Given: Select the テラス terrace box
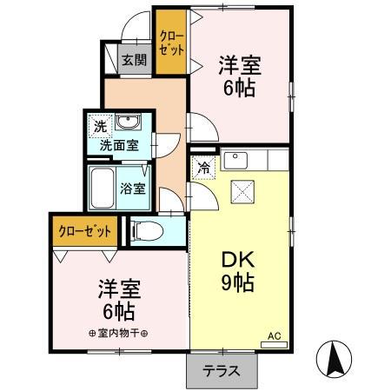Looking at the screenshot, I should pyautogui.click(x=222, y=370).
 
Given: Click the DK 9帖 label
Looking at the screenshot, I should pyautogui.click(x=235, y=271).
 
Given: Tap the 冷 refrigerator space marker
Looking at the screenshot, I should pyautogui.click(x=203, y=169).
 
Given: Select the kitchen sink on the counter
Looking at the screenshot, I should pyautogui.click(x=235, y=161).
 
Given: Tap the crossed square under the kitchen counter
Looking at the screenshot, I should pyautogui.click(x=241, y=191).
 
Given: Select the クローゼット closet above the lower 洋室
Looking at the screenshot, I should pyautogui.click(x=84, y=231).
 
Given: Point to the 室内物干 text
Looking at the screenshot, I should pyautogui.click(x=118, y=332).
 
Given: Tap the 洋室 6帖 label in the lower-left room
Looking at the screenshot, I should pyautogui.click(x=116, y=300).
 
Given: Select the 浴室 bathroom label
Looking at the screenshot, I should pyautogui.click(x=133, y=187).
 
